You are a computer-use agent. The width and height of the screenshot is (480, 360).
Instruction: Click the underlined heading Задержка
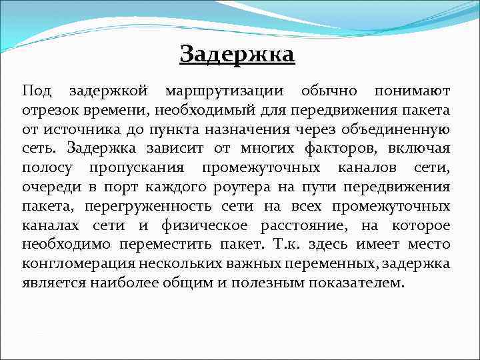tap(237, 53)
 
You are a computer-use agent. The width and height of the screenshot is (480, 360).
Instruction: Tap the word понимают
tap(412, 90)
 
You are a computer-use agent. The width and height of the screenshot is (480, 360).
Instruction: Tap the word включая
tap(419, 147)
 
